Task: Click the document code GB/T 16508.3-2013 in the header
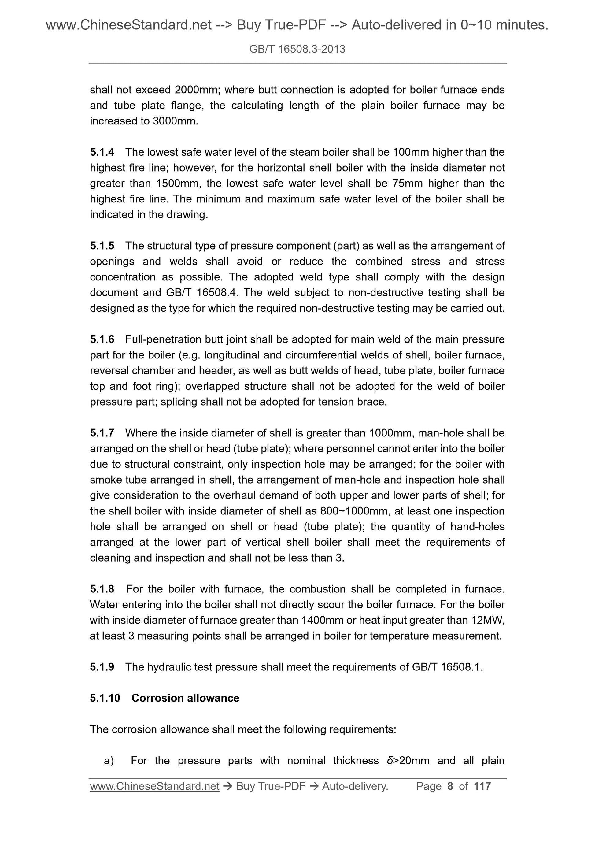point(297,49)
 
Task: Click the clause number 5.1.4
point(102,152)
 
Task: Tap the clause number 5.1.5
point(102,246)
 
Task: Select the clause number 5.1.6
point(102,339)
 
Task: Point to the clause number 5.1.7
point(102,433)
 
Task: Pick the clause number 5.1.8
point(102,589)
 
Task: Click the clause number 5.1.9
point(102,667)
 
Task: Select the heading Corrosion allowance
point(185,698)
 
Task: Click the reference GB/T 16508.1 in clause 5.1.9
point(447,667)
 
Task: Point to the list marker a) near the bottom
point(109,761)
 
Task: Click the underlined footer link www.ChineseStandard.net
point(154,786)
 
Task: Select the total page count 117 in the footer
point(482,786)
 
